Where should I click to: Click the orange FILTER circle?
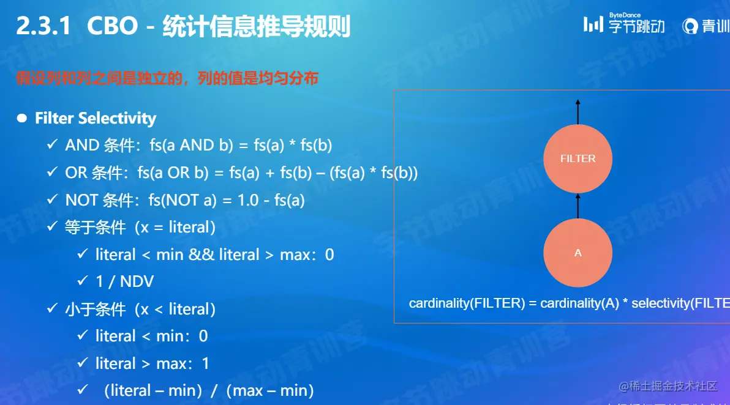coord(578,158)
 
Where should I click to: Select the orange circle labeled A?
coord(578,253)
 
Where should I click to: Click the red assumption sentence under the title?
coord(167,78)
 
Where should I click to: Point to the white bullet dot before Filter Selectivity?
coord(22,118)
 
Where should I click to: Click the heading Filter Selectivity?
coord(96,118)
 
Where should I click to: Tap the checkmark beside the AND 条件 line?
coord(52,145)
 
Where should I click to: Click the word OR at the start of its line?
coord(76,173)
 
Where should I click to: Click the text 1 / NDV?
coord(124,281)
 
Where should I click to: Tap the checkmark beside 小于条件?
coord(52,309)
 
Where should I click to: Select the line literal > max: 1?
coord(152,363)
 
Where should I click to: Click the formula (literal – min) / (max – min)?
coord(208,390)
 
